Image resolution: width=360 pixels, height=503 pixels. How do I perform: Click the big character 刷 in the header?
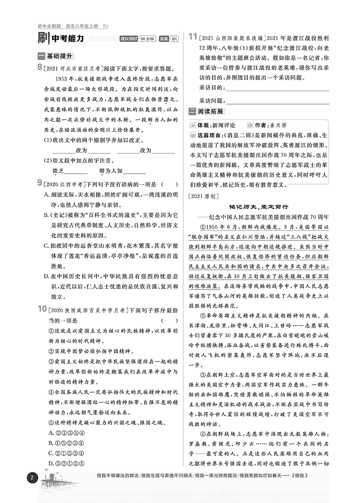44,39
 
